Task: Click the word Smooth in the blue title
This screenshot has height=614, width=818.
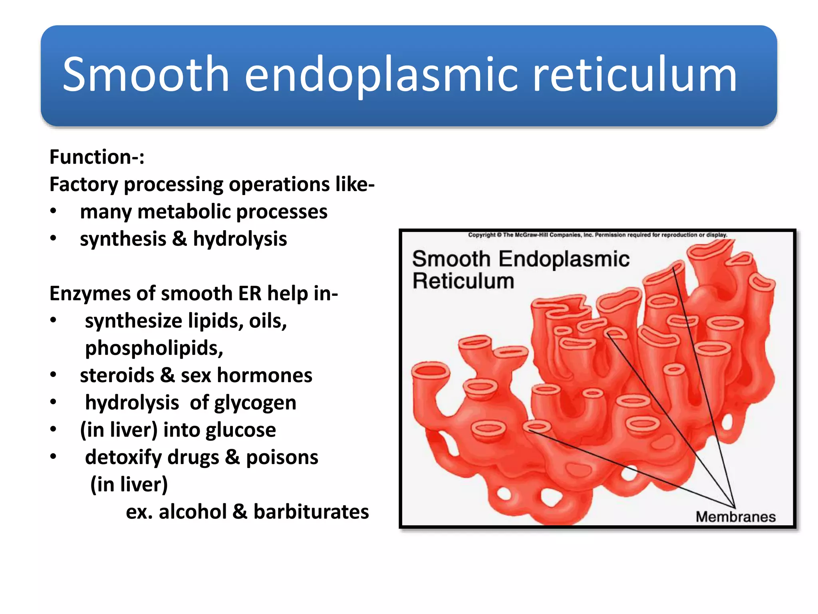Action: tap(146, 75)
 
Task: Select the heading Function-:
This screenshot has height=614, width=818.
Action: tap(97, 157)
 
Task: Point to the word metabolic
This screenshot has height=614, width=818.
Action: tap(184, 211)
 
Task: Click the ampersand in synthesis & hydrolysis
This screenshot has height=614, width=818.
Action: tap(179, 239)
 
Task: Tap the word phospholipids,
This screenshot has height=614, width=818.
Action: tap(154, 348)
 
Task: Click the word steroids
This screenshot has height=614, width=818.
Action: tap(117, 375)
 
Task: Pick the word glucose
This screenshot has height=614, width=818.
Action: tap(241, 430)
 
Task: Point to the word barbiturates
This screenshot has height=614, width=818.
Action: tap(311, 512)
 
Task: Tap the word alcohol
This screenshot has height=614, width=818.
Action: tap(193, 512)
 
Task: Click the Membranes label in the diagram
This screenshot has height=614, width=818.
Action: tap(735, 517)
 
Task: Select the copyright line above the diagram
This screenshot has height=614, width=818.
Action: tap(597, 235)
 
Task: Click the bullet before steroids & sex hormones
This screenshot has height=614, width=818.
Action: tap(53, 375)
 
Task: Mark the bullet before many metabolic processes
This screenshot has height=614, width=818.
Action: tap(53, 211)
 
